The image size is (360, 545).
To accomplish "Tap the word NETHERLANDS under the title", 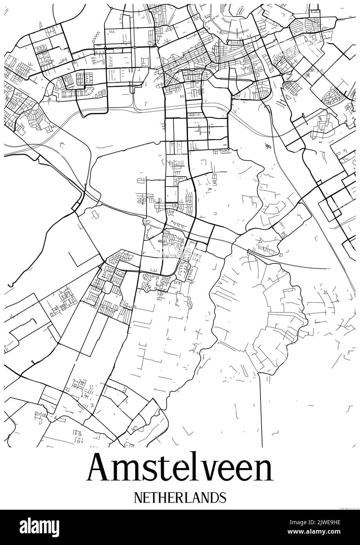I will [180, 497].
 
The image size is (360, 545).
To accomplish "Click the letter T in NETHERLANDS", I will [155, 497].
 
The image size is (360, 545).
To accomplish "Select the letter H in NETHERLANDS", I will [163, 497].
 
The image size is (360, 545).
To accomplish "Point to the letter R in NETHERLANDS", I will [180, 497].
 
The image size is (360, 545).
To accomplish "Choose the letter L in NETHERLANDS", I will [188, 497].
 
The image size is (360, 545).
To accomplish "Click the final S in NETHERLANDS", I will [222, 497].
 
